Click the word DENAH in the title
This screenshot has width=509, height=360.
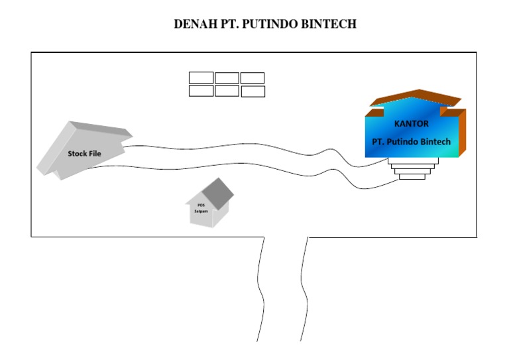click(193, 25)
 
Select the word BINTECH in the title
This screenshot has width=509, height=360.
click(331, 25)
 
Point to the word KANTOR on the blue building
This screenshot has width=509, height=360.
click(412, 123)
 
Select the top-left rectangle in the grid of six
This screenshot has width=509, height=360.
click(201, 78)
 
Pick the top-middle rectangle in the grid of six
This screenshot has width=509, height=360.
click(227, 78)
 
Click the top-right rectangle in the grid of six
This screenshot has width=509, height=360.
click(253, 78)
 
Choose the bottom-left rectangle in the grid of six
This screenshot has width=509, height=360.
click(201, 91)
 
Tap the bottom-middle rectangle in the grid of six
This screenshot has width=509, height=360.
click(227, 91)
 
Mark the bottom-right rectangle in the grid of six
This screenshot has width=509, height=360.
click(253, 91)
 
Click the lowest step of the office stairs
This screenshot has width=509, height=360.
click(412, 176)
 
